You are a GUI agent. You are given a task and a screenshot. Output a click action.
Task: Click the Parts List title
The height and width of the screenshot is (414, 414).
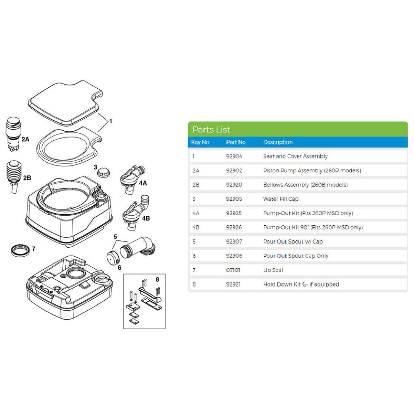coord(211,130)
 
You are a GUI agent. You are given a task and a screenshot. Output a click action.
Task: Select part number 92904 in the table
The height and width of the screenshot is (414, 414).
coord(234,156)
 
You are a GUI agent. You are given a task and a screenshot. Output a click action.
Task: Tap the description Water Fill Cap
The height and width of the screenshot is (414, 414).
coord(281,199)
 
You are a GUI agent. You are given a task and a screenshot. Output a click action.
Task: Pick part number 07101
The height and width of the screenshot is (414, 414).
coord(233,270)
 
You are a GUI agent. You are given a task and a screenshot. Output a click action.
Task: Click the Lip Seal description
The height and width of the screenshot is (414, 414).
coord(273,270)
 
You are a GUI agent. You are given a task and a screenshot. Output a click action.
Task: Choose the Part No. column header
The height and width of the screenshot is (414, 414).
coord(236,142)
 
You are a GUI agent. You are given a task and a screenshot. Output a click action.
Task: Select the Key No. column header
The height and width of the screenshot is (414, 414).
coord(202,142)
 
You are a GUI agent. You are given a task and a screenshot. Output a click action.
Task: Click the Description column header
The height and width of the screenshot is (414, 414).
coord(278,142)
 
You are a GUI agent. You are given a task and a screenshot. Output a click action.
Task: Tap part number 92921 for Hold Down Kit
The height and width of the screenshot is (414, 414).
coord(234,284)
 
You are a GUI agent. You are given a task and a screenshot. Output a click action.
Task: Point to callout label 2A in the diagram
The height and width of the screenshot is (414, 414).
coord(25,140)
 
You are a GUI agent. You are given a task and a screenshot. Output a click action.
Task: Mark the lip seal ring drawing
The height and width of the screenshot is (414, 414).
coord(20,250)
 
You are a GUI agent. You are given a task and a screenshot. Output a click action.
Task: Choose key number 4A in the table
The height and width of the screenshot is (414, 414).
coord(196,213)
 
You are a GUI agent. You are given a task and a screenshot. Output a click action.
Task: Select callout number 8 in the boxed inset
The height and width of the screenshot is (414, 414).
coord(157,279)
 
